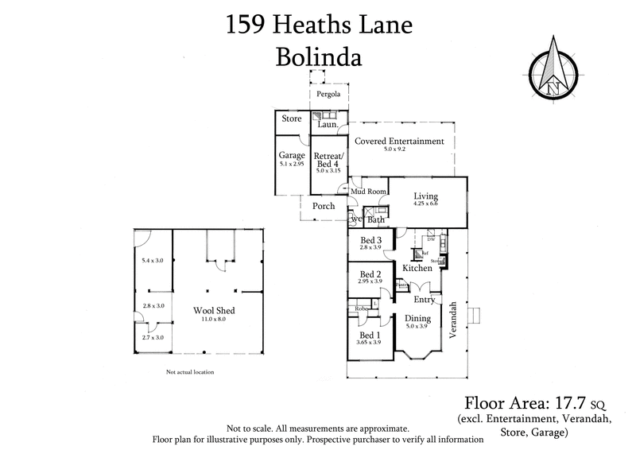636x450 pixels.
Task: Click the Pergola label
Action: (x=328, y=95)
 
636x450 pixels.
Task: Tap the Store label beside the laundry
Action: (x=291, y=119)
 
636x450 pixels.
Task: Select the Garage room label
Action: (x=292, y=156)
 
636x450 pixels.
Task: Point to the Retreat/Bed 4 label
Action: (x=328, y=160)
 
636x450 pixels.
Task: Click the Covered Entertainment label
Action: (x=399, y=141)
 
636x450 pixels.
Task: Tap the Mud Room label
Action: (x=369, y=192)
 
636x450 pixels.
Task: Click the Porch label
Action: (x=323, y=206)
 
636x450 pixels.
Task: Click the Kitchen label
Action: (x=417, y=269)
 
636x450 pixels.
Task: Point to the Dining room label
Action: (x=417, y=319)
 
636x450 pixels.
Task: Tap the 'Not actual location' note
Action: (x=190, y=371)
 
